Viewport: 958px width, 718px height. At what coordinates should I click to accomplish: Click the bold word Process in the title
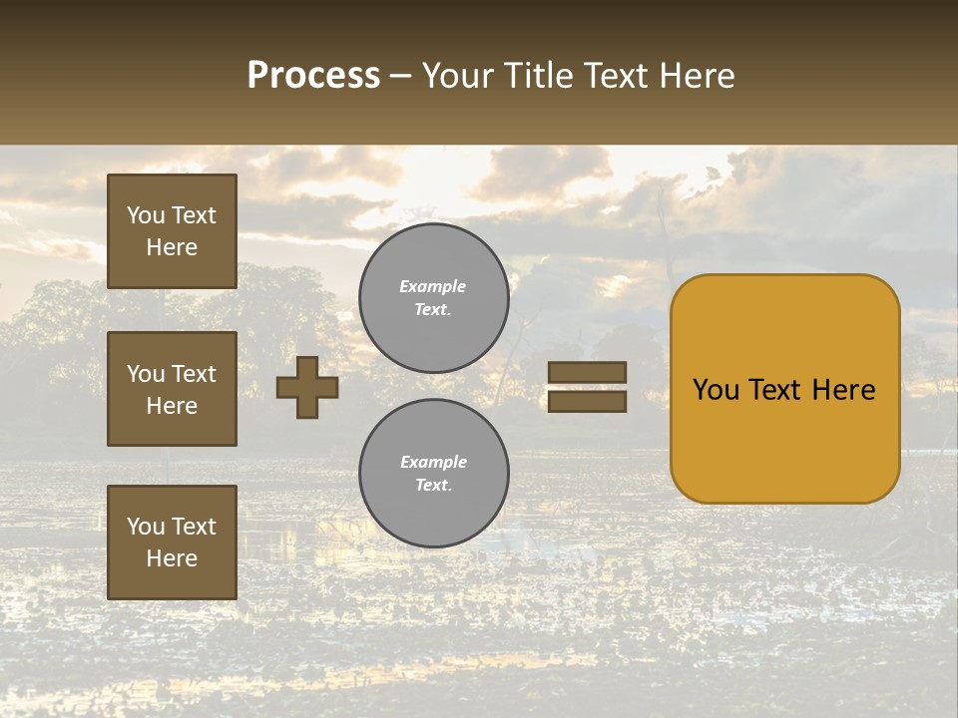coord(313,76)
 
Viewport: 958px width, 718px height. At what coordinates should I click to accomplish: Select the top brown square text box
coord(172,231)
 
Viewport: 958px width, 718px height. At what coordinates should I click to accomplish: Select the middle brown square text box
coord(172,389)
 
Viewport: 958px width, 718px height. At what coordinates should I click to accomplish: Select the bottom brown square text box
coord(172,542)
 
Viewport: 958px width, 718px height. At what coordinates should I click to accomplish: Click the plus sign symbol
coord(307,387)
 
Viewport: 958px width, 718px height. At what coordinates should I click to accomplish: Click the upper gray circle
coord(434,297)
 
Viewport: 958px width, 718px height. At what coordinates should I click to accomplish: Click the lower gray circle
coord(434,473)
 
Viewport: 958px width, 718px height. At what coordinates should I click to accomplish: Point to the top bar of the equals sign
coord(587,373)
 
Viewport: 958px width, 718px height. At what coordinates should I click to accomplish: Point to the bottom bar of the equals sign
coord(587,401)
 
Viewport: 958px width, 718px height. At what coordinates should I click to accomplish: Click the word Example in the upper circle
coord(432,286)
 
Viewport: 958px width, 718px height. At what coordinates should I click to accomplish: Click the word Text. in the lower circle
coord(433,486)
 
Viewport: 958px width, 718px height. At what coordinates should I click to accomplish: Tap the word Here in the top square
coord(172,247)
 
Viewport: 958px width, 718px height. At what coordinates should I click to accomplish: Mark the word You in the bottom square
coord(146,527)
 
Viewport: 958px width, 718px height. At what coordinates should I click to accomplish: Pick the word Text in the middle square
coord(194,374)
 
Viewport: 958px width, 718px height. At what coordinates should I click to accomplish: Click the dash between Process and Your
coord(401,77)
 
